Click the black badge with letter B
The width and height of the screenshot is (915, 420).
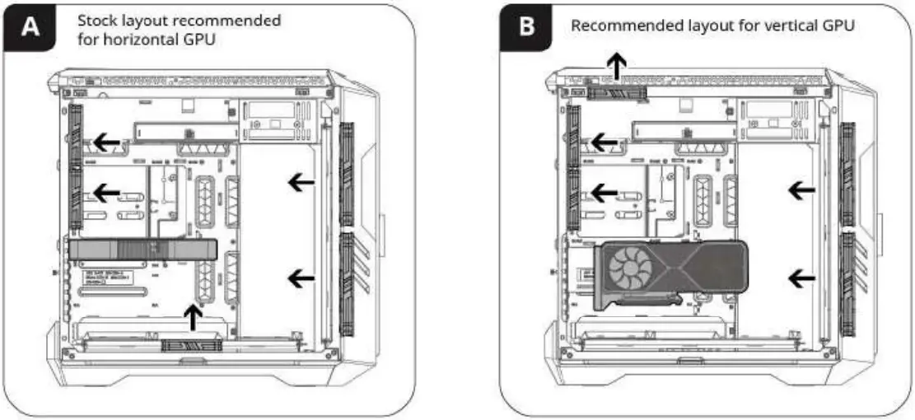pos(528,27)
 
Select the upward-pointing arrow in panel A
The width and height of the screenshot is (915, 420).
pos(193,317)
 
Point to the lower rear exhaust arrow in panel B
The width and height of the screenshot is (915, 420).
pos(605,193)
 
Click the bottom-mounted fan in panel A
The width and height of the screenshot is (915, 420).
pos(192,344)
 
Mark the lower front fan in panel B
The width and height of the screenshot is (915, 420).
pos(847,284)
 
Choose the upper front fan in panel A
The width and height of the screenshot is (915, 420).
pos(346,175)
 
